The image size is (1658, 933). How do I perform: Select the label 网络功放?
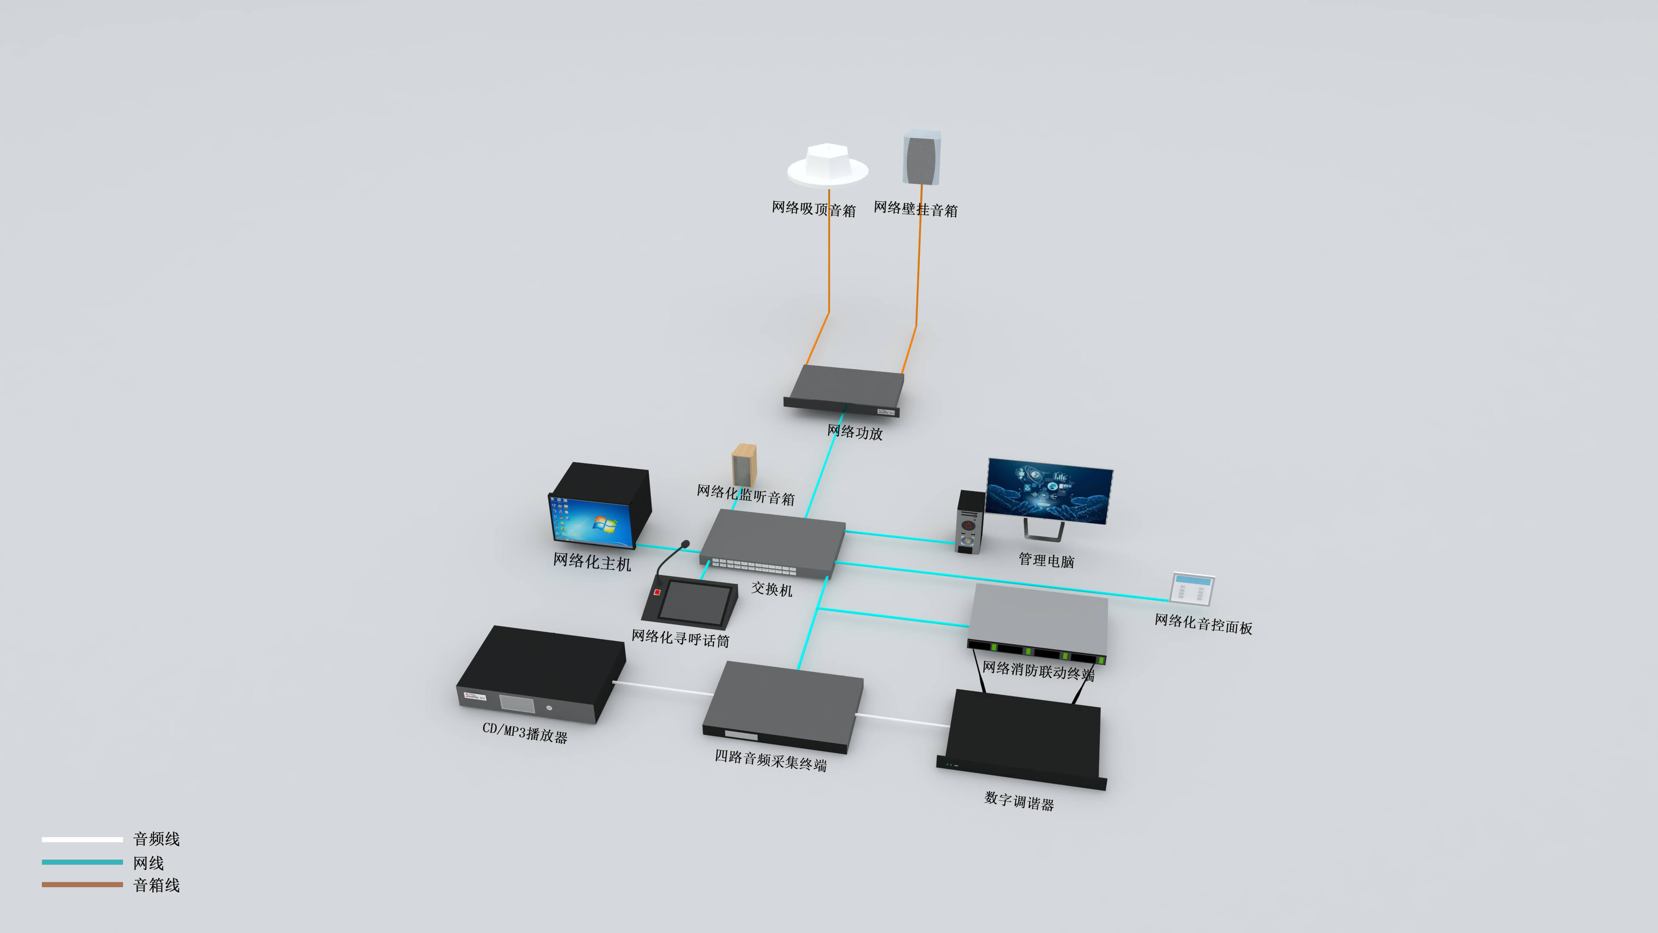pos(855,432)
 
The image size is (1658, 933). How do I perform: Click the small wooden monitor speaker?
pos(744,465)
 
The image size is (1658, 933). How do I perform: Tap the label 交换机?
pos(772,588)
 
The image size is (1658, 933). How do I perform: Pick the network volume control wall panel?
pos(1193,588)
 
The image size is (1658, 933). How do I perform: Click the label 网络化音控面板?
pos(1203,624)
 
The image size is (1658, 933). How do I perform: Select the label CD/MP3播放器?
pos(525,733)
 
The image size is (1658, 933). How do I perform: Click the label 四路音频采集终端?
pos(770,760)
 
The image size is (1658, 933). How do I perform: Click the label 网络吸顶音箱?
pos(813,209)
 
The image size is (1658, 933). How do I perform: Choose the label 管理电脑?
pos(1046,560)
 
